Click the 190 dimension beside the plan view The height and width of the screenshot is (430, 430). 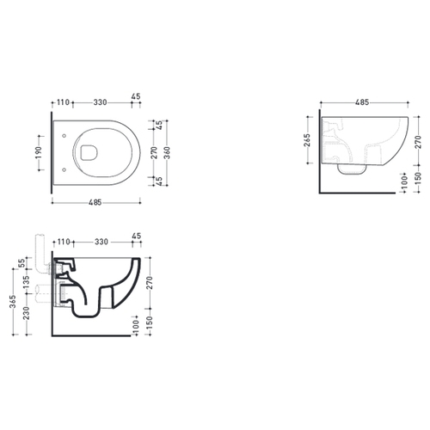(x=40, y=152)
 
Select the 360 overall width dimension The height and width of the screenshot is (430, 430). (x=168, y=152)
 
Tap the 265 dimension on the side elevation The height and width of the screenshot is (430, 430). (x=307, y=140)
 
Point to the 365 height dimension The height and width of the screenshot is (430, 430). (x=13, y=301)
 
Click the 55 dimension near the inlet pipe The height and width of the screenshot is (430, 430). (x=21, y=263)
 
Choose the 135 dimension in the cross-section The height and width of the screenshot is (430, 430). (x=27, y=282)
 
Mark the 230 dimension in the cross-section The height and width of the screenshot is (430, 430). (x=27, y=313)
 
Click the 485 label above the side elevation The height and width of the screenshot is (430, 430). (x=362, y=102)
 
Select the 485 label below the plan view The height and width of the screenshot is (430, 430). (x=95, y=202)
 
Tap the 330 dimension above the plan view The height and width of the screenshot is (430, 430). (x=100, y=102)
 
